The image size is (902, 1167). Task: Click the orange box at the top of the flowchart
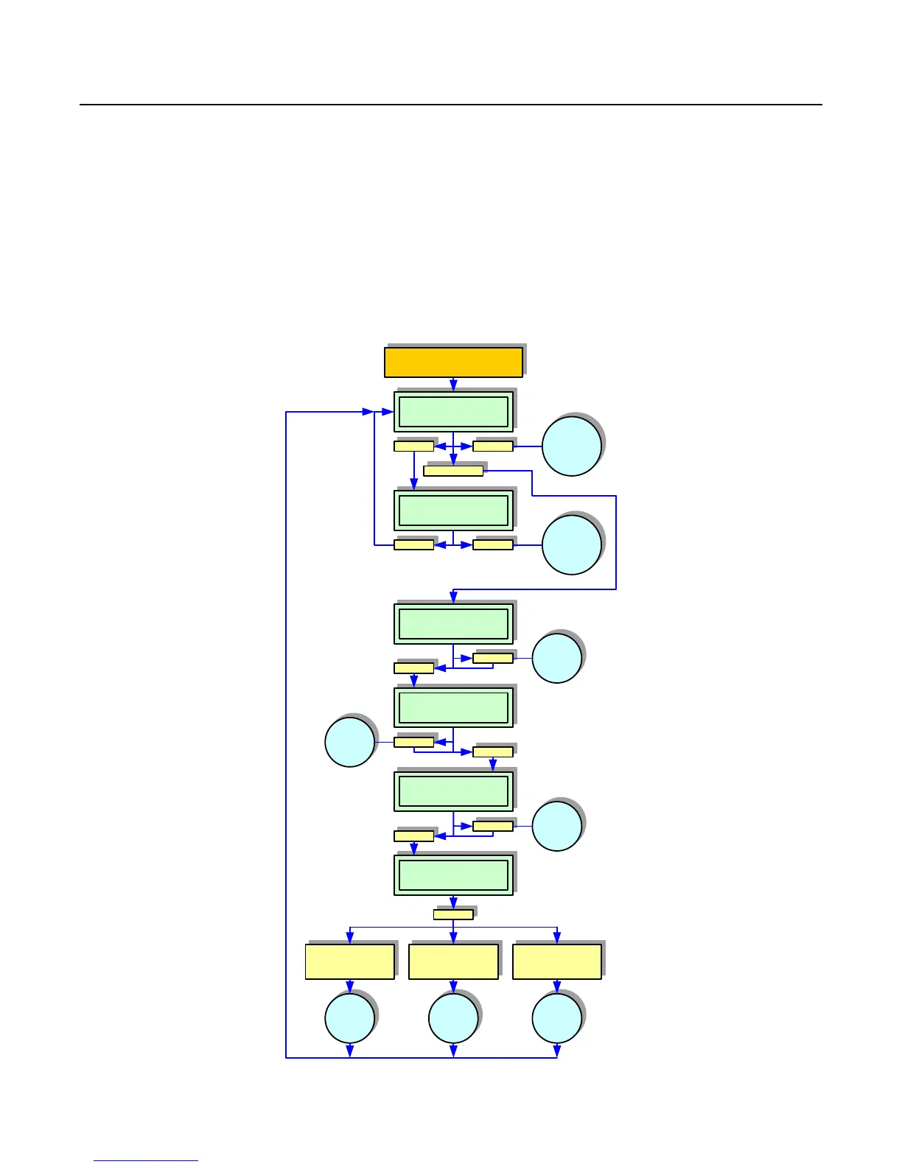[453, 362]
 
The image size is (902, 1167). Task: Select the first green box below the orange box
[453, 412]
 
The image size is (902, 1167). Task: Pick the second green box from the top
[453, 510]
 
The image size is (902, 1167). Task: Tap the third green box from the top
[453, 623]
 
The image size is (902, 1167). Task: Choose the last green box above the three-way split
[453, 875]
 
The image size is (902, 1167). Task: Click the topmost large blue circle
[572, 446]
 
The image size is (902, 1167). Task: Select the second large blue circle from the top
[572, 545]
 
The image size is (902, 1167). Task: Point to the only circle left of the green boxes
[350, 742]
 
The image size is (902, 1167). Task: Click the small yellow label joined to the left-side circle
[414, 742]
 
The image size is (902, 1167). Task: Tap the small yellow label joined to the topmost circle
[493, 446]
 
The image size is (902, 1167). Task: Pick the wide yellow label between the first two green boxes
[453, 471]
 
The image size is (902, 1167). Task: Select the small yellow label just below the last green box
[453, 914]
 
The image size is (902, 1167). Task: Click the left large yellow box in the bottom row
[350, 961]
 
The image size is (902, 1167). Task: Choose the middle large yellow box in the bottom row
[453, 961]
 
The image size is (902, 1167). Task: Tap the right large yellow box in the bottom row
[557, 961]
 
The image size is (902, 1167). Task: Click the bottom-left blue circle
[350, 1018]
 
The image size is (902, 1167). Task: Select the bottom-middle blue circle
[453, 1018]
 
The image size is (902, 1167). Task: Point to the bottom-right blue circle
[557, 1018]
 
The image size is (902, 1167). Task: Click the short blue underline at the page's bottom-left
[146, 1161]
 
